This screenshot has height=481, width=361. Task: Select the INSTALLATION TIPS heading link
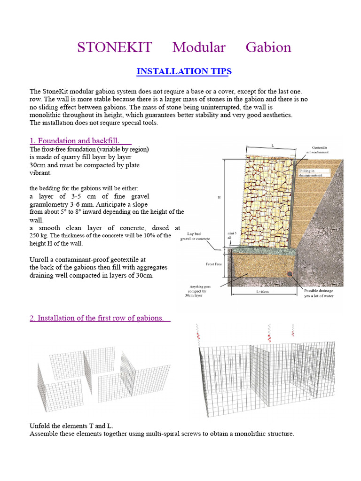coord(184,71)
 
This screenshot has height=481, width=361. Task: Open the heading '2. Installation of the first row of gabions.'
coord(97,318)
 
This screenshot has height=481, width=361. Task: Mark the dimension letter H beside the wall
coord(219,198)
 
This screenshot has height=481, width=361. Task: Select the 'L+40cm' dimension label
coord(263,292)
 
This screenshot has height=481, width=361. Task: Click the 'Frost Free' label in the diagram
coord(214,264)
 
